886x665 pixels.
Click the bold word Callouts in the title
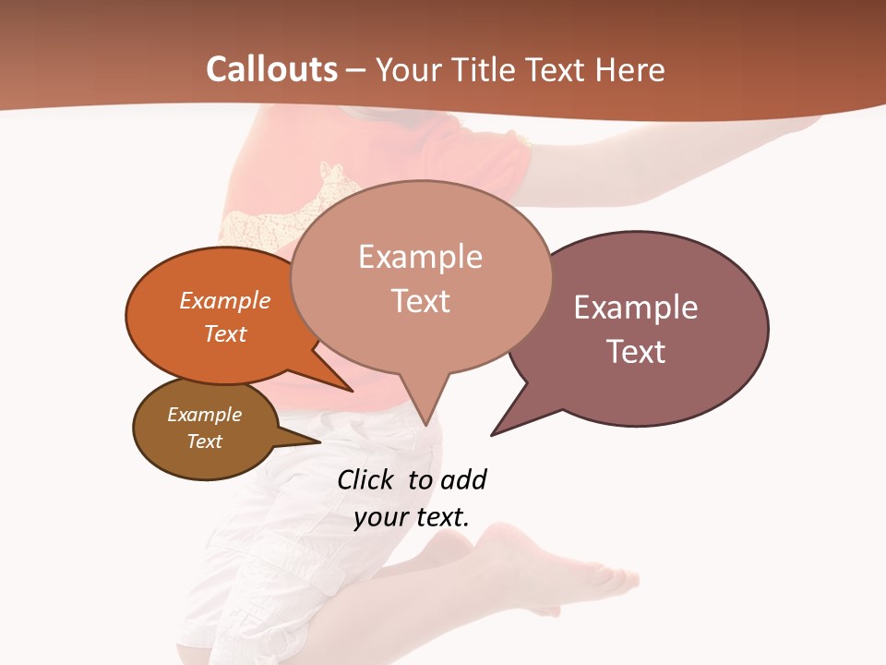tap(271, 70)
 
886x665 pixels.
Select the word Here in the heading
tap(631, 70)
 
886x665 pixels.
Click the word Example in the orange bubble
tap(225, 301)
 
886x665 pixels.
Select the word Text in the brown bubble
tap(205, 441)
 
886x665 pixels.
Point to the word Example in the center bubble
tap(420, 257)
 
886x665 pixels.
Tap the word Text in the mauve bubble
tap(636, 352)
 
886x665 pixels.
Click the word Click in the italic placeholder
tap(365, 480)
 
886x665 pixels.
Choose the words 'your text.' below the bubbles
tap(412, 517)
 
